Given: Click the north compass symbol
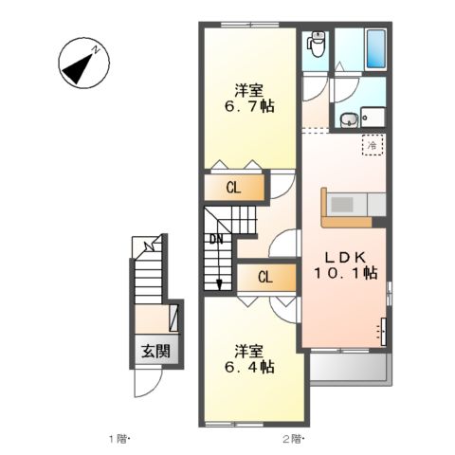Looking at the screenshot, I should click(81, 60).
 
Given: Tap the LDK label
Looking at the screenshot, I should click(343, 257).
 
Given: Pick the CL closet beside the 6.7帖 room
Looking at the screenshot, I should click(233, 188).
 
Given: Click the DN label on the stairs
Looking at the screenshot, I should click(216, 239).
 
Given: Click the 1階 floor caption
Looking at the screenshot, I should click(119, 438).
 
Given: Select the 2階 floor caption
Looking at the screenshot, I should click(293, 438).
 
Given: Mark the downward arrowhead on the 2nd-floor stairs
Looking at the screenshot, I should click(219, 282).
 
